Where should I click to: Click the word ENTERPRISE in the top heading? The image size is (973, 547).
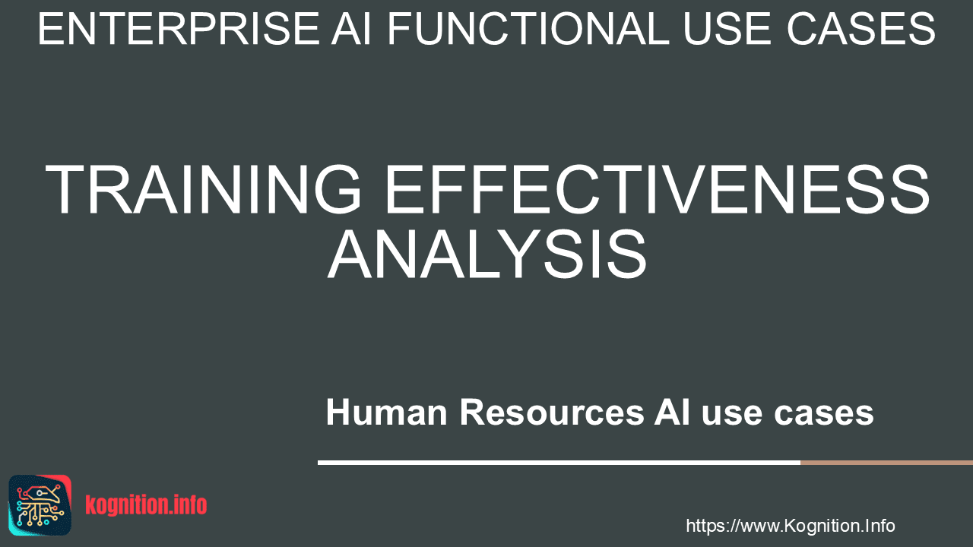coord(179,29)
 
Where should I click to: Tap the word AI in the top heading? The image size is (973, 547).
coord(351,29)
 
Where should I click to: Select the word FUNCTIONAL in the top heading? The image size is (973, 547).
coord(528,29)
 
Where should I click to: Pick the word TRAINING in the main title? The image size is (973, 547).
coord(203,189)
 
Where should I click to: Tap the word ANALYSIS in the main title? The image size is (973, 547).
coord(487,254)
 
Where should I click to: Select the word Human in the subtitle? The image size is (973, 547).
coord(387,412)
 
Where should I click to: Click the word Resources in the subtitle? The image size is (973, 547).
coord(552,412)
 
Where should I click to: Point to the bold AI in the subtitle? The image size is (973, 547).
coord(673,412)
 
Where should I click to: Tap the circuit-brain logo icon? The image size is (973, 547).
coord(40,505)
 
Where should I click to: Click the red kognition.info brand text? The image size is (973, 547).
coord(146,505)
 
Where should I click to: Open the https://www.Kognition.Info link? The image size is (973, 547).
coord(790,526)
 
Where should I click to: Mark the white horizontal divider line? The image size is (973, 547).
coord(559,463)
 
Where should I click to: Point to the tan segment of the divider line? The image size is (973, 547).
coord(886,463)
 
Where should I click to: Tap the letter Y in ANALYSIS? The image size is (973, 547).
coord(515,254)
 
